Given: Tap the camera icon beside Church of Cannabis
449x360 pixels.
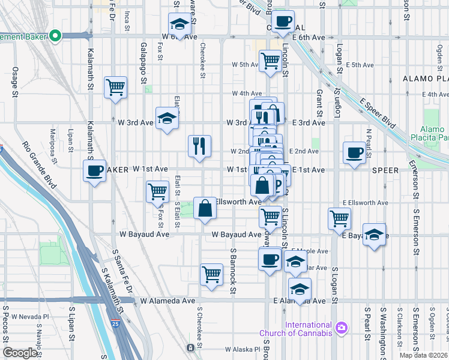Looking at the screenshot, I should tap(342, 328).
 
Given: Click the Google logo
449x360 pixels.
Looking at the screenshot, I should tap(20, 353).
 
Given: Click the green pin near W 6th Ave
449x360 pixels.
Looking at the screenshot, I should tap(56, 36).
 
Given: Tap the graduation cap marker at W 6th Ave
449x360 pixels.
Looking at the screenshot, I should tap(179, 24).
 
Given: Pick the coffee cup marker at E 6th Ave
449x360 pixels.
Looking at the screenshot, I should tap(283, 22).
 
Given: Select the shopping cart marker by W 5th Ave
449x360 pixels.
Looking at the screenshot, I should tap(271, 60).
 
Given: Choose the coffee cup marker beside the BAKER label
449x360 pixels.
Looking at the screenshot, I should tap(94, 170).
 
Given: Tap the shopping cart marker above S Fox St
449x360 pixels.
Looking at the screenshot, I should tap(158, 192).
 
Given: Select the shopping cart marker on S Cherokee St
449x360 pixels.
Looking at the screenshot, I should tap(212, 274).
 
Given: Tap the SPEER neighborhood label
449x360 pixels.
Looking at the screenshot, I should tap(385, 170).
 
